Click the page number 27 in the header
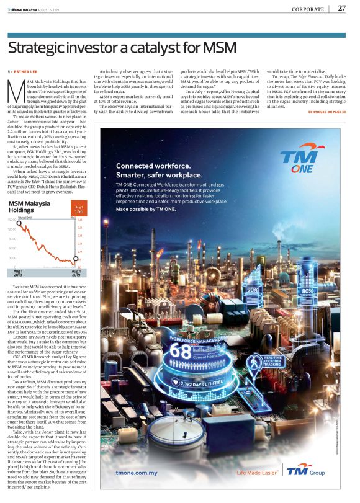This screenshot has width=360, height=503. point(342,9)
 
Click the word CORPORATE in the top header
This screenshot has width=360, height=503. point(308,9)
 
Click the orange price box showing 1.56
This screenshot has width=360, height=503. point(78,210)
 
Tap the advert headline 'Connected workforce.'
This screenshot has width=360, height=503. point(153,149)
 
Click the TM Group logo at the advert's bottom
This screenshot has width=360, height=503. point(297,471)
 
